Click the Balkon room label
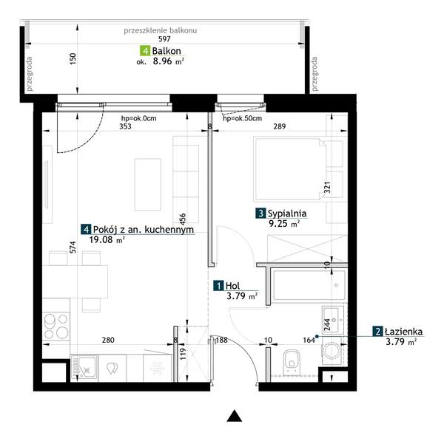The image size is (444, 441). tap(166, 51)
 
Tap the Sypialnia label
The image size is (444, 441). tap(287, 213)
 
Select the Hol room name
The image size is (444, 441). tap(232, 286)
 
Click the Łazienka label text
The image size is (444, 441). tap(403, 332)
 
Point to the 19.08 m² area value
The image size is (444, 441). tap(107, 240)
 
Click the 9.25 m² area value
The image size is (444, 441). tap(284, 224)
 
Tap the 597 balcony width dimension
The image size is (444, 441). tap(164, 38)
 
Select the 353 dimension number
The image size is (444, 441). tap(125, 126)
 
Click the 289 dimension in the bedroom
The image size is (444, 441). tap(280, 126)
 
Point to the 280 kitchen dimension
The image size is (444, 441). tap(108, 340)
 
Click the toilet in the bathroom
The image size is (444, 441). tap(292, 360)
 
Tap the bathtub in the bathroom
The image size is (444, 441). tap(309, 285)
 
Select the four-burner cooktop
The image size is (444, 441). tap(56, 327)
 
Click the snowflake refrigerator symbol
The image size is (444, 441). tap(157, 368)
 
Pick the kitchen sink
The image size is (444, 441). tap(84, 368)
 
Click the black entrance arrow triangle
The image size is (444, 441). tap(235, 416)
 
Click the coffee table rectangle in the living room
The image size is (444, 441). tap(148, 185)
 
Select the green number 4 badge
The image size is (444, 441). tap(145, 51)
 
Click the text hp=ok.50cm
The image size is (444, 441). tap(243, 118)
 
